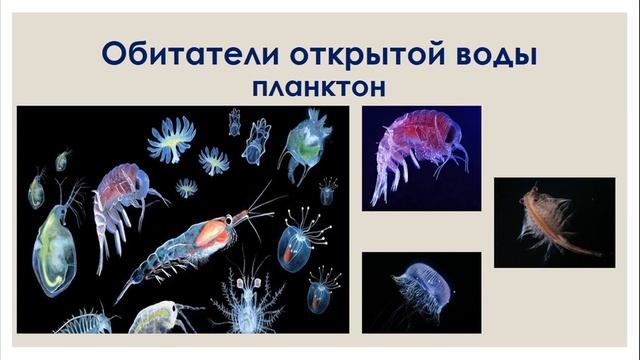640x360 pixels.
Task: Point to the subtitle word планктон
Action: coord(320,88)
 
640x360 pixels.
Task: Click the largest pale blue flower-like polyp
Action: coord(171,137)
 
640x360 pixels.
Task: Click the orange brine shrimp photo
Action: coord(553,222)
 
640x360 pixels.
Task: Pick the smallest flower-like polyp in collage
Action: coord(186,187)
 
